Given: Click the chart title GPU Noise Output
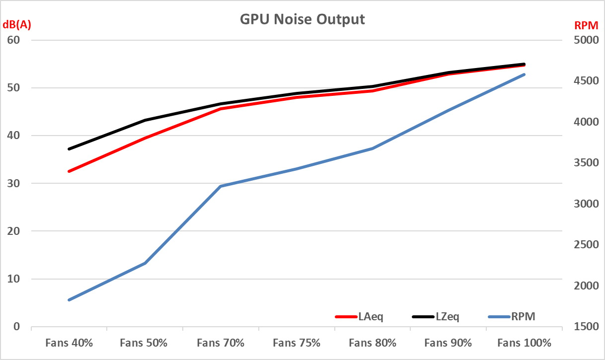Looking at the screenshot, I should tap(302, 19).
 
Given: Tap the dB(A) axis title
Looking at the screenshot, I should tap(17, 25).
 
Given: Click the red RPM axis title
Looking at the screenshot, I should tap(586, 25).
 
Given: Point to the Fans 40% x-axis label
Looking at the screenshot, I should tap(69, 343).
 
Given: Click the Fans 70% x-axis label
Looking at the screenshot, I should tap(221, 343).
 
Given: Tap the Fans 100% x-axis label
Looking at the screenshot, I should tap(525, 343).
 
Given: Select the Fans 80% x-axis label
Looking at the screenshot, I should tap(373, 343).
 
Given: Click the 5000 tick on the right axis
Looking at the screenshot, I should tap(585, 40).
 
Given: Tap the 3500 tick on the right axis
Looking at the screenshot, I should tap(585, 163).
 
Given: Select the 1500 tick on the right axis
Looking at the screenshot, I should tap(585, 327).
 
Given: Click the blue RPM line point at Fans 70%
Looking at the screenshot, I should tap(221, 186).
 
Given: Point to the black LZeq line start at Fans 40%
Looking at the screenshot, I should tap(69, 149).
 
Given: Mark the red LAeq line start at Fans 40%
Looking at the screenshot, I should tap(69, 171).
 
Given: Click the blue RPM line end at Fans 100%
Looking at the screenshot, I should tap(525, 74).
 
